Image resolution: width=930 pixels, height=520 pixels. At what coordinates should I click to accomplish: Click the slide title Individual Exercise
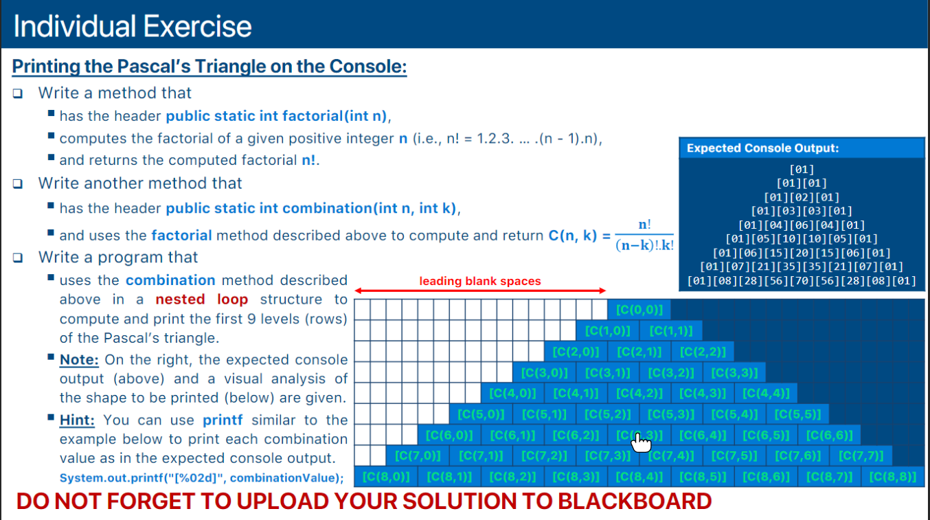(132, 27)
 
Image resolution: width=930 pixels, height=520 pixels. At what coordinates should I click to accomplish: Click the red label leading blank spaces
(480, 281)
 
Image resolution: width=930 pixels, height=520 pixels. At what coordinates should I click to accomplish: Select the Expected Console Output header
(762, 148)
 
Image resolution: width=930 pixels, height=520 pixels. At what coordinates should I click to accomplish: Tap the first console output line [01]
(802, 169)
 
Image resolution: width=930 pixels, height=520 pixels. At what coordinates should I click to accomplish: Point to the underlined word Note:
(79, 360)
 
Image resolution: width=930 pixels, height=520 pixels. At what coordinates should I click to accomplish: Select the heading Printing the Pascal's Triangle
(209, 67)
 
